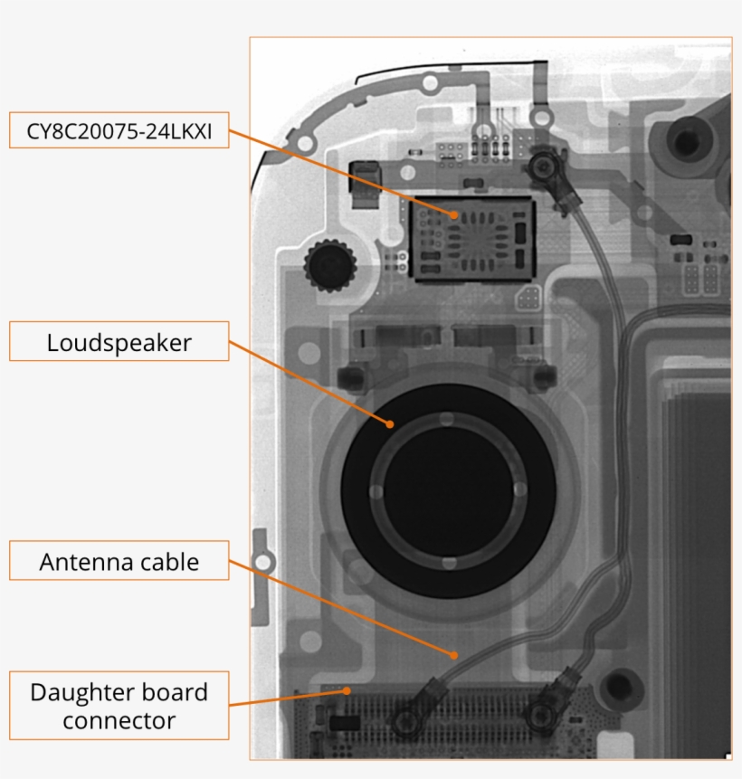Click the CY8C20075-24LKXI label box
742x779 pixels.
click(119, 130)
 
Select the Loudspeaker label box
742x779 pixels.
click(119, 342)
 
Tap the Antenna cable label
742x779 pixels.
click(119, 562)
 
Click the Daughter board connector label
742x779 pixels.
click(119, 706)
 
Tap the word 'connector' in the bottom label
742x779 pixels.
click(119, 720)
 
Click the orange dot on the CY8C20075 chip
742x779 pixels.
click(455, 214)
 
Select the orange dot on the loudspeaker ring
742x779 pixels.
click(390, 423)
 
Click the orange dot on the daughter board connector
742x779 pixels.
click(347, 690)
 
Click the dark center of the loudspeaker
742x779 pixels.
click(448, 489)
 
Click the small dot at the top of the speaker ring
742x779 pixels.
click(447, 419)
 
